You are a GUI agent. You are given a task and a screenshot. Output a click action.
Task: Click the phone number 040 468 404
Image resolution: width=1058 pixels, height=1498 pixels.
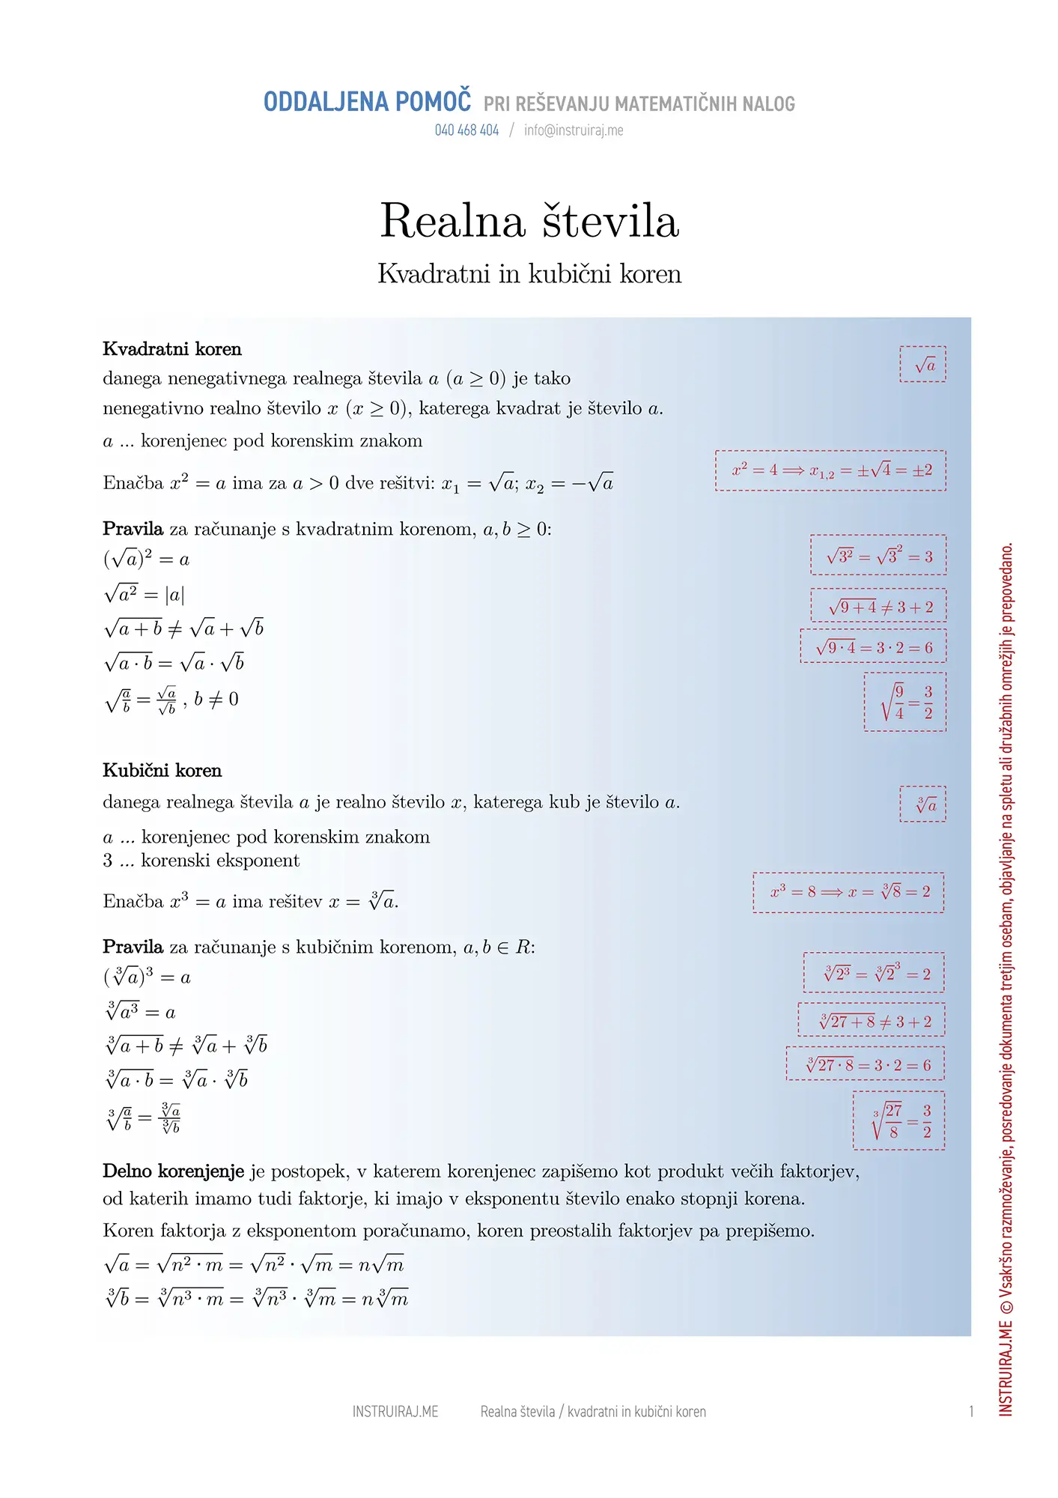[x=466, y=130]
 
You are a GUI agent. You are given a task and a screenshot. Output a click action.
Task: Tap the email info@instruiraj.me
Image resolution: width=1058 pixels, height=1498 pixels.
[x=574, y=130]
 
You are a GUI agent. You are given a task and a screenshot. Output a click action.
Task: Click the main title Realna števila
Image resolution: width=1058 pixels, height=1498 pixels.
[x=529, y=221]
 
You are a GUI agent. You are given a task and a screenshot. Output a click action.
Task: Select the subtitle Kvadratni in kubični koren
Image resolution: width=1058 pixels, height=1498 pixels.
[x=529, y=274]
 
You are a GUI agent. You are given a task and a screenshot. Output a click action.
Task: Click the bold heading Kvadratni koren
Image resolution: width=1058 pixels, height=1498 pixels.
[x=172, y=349]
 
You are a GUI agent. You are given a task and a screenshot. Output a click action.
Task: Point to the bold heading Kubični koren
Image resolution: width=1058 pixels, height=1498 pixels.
[x=162, y=771]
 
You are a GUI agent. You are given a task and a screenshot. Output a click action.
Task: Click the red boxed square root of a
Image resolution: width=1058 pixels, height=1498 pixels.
[x=922, y=365]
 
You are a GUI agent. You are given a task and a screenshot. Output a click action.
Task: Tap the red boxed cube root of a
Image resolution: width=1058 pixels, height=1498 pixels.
[x=922, y=804]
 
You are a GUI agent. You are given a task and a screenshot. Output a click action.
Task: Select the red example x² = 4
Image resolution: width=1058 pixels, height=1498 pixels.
[x=830, y=470]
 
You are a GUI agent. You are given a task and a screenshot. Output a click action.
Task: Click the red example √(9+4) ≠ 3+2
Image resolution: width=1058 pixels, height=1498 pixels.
[x=878, y=607]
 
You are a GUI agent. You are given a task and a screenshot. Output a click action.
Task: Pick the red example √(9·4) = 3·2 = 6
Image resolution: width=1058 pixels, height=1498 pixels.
[x=873, y=647]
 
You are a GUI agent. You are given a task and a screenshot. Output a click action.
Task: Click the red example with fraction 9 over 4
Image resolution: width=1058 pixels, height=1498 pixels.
[x=905, y=702]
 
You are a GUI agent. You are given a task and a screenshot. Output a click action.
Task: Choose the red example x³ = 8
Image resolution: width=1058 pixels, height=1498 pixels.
[x=848, y=892]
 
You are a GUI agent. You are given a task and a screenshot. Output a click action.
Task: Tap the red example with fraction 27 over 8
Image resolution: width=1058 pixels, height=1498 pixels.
[x=899, y=1121]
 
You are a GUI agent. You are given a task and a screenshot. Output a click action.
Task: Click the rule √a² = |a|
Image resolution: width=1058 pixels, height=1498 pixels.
[x=145, y=595]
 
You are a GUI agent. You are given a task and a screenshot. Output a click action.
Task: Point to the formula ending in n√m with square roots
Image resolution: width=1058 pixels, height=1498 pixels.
[x=255, y=1265]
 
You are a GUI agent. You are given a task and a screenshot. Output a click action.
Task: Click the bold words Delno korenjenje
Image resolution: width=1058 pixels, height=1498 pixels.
[x=174, y=1171]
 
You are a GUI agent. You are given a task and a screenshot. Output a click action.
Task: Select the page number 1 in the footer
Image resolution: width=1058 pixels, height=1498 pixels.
[x=971, y=1412]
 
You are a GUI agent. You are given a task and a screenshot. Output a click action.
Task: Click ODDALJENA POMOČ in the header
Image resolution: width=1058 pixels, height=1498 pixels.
[x=368, y=102]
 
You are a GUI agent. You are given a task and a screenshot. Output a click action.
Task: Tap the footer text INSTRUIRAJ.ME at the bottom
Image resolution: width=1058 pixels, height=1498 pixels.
[x=395, y=1412]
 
